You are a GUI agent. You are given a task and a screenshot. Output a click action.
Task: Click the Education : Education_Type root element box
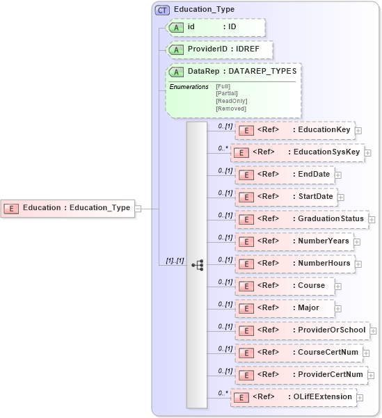pyautogui.click(x=67, y=207)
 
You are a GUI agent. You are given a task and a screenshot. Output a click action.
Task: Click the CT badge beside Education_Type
pyautogui.click(x=163, y=10)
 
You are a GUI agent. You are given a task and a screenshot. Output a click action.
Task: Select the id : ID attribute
pyautogui.click(x=216, y=27)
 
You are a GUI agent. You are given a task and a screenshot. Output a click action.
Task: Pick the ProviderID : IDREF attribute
pyautogui.click(x=220, y=50)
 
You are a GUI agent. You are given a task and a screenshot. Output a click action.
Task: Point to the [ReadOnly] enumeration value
pyautogui.click(x=232, y=101)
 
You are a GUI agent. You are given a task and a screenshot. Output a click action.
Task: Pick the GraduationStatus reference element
pyautogui.click(x=301, y=219)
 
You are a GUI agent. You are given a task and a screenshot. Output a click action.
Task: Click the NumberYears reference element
pyautogui.click(x=294, y=241)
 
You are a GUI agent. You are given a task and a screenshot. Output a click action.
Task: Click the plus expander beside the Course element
pyautogui.click(x=339, y=286)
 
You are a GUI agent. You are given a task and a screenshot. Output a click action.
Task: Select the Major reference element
pyautogui.click(x=284, y=308)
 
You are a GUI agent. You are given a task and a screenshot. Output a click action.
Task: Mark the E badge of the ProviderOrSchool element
pyautogui.click(x=244, y=330)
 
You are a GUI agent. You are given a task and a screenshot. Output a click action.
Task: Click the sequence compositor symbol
pyautogui.click(x=197, y=264)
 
